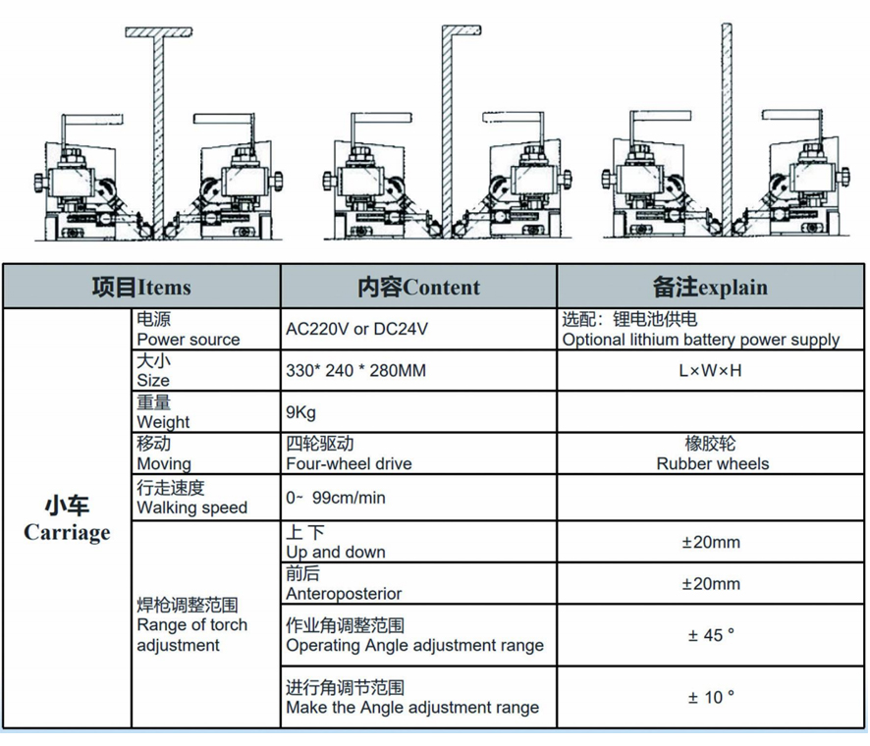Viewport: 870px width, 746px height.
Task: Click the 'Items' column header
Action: pyautogui.click(x=141, y=288)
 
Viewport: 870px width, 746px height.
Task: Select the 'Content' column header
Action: pyautogui.click(x=418, y=288)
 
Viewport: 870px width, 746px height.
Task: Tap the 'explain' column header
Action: pyautogui.click(x=710, y=288)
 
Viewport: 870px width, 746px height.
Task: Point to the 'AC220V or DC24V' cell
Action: pyautogui.click(x=356, y=330)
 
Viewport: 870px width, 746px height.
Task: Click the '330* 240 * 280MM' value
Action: pyautogui.click(x=356, y=371)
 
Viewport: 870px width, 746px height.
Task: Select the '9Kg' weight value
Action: pyautogui.click(x=301, y=412)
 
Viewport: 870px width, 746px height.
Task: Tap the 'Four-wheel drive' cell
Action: pyautogui.click(x=349, y=453)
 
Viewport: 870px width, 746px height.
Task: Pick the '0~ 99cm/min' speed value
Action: pyautogui.click(x=336, y=498)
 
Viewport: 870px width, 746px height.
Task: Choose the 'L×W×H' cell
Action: pyautogui.click(x=711, y=371)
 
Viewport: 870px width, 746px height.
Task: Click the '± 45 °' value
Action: pyautogui.click(x=711, y=635)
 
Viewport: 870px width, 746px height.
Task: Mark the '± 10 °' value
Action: pyautogui.click(x=711, y=697)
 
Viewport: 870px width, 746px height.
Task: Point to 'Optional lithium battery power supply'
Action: pyautogui.click(x=700, y=340)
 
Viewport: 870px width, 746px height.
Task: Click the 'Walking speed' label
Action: pyautogui.click(x=191, y=507)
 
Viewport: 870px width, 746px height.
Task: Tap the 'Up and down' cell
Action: pyautogui.click(x=335, y=552)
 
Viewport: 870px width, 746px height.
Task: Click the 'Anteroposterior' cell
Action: pyautogui.click(x=344, y=593)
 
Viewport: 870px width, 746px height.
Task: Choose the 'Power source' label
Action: pyautogui.click(x=189, y=340)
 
